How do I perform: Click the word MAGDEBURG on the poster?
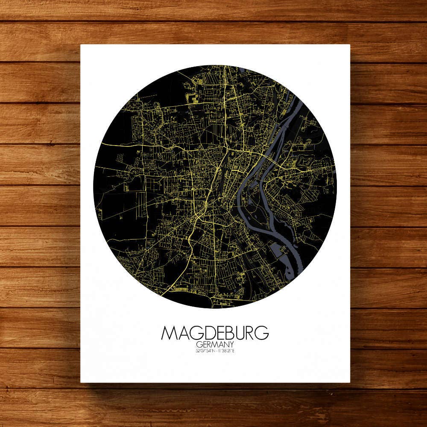click(215, 333)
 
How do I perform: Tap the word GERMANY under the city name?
click(215, 345)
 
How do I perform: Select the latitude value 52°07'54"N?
click(203, 351)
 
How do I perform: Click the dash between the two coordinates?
click(215, 351)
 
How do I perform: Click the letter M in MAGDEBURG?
click(169, 333)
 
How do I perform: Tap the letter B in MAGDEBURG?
click(231, 333)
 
